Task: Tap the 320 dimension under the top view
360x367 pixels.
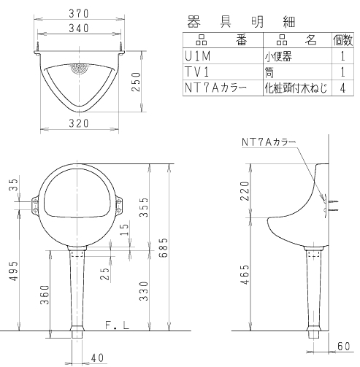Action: [x=80, y=125]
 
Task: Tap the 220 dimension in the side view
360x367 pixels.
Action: [x=245, y=191]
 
